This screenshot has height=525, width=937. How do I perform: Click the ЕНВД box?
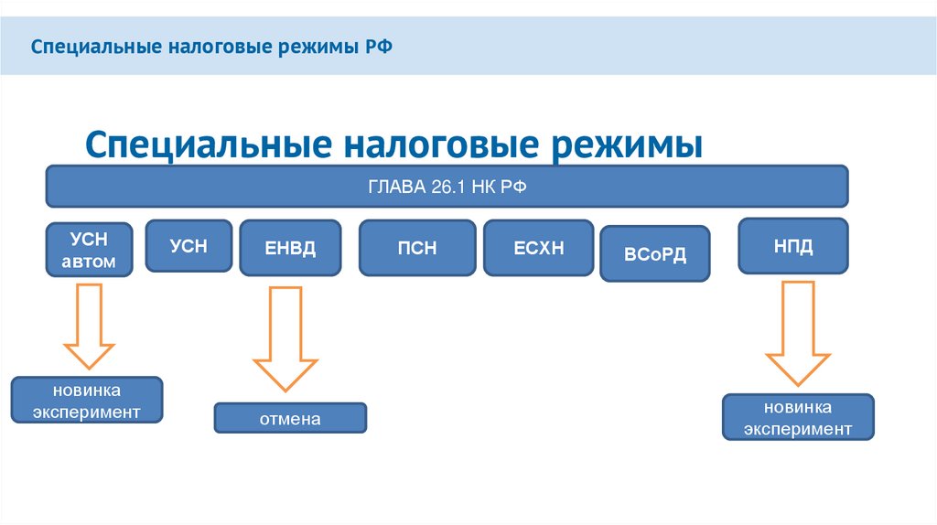290,248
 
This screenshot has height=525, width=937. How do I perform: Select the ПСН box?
417,248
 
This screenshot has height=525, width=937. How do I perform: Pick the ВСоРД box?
654,253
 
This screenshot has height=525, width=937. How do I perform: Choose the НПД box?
793,246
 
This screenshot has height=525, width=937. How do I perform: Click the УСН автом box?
89,250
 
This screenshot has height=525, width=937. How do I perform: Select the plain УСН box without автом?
188,245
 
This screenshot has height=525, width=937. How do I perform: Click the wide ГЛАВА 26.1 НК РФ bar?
447,187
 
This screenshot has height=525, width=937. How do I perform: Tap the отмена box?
290,418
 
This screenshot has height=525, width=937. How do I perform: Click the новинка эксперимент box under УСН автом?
87,401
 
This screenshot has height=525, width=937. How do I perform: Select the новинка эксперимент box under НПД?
798,418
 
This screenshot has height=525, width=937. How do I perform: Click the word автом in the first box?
89,262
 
